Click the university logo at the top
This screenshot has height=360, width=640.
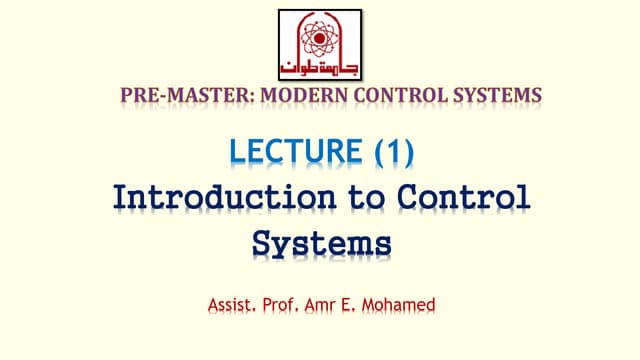coord(320,44)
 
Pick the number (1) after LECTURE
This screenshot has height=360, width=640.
coord(393,151)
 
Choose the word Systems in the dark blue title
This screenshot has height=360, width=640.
coord(320,242)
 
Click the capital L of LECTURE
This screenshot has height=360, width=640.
coord(238,151)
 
